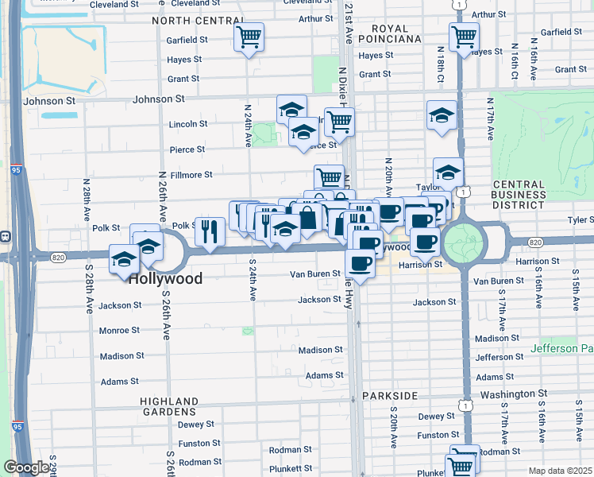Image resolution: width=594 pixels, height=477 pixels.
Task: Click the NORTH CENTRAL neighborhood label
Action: click(x=198, y=20)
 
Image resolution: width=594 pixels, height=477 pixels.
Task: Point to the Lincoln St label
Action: click(x=188, y=124)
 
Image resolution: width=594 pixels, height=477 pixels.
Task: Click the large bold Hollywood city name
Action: click(x=165, y=279)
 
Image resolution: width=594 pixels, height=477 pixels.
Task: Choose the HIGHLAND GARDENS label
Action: click(x=169, y=406)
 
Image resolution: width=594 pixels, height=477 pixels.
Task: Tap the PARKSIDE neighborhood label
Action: click(x=389, y=396)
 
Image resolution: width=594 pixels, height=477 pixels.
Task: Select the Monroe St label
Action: click(x=119, y=330)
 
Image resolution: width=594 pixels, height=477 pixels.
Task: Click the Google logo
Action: click(x=25, y=467)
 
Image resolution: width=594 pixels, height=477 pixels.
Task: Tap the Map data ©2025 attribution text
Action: click(x=560, y=471)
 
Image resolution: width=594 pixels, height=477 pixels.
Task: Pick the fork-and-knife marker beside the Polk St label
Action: click(x=210, y=231)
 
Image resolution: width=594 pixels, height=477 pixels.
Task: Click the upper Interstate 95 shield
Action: click(x=17, y=169)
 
